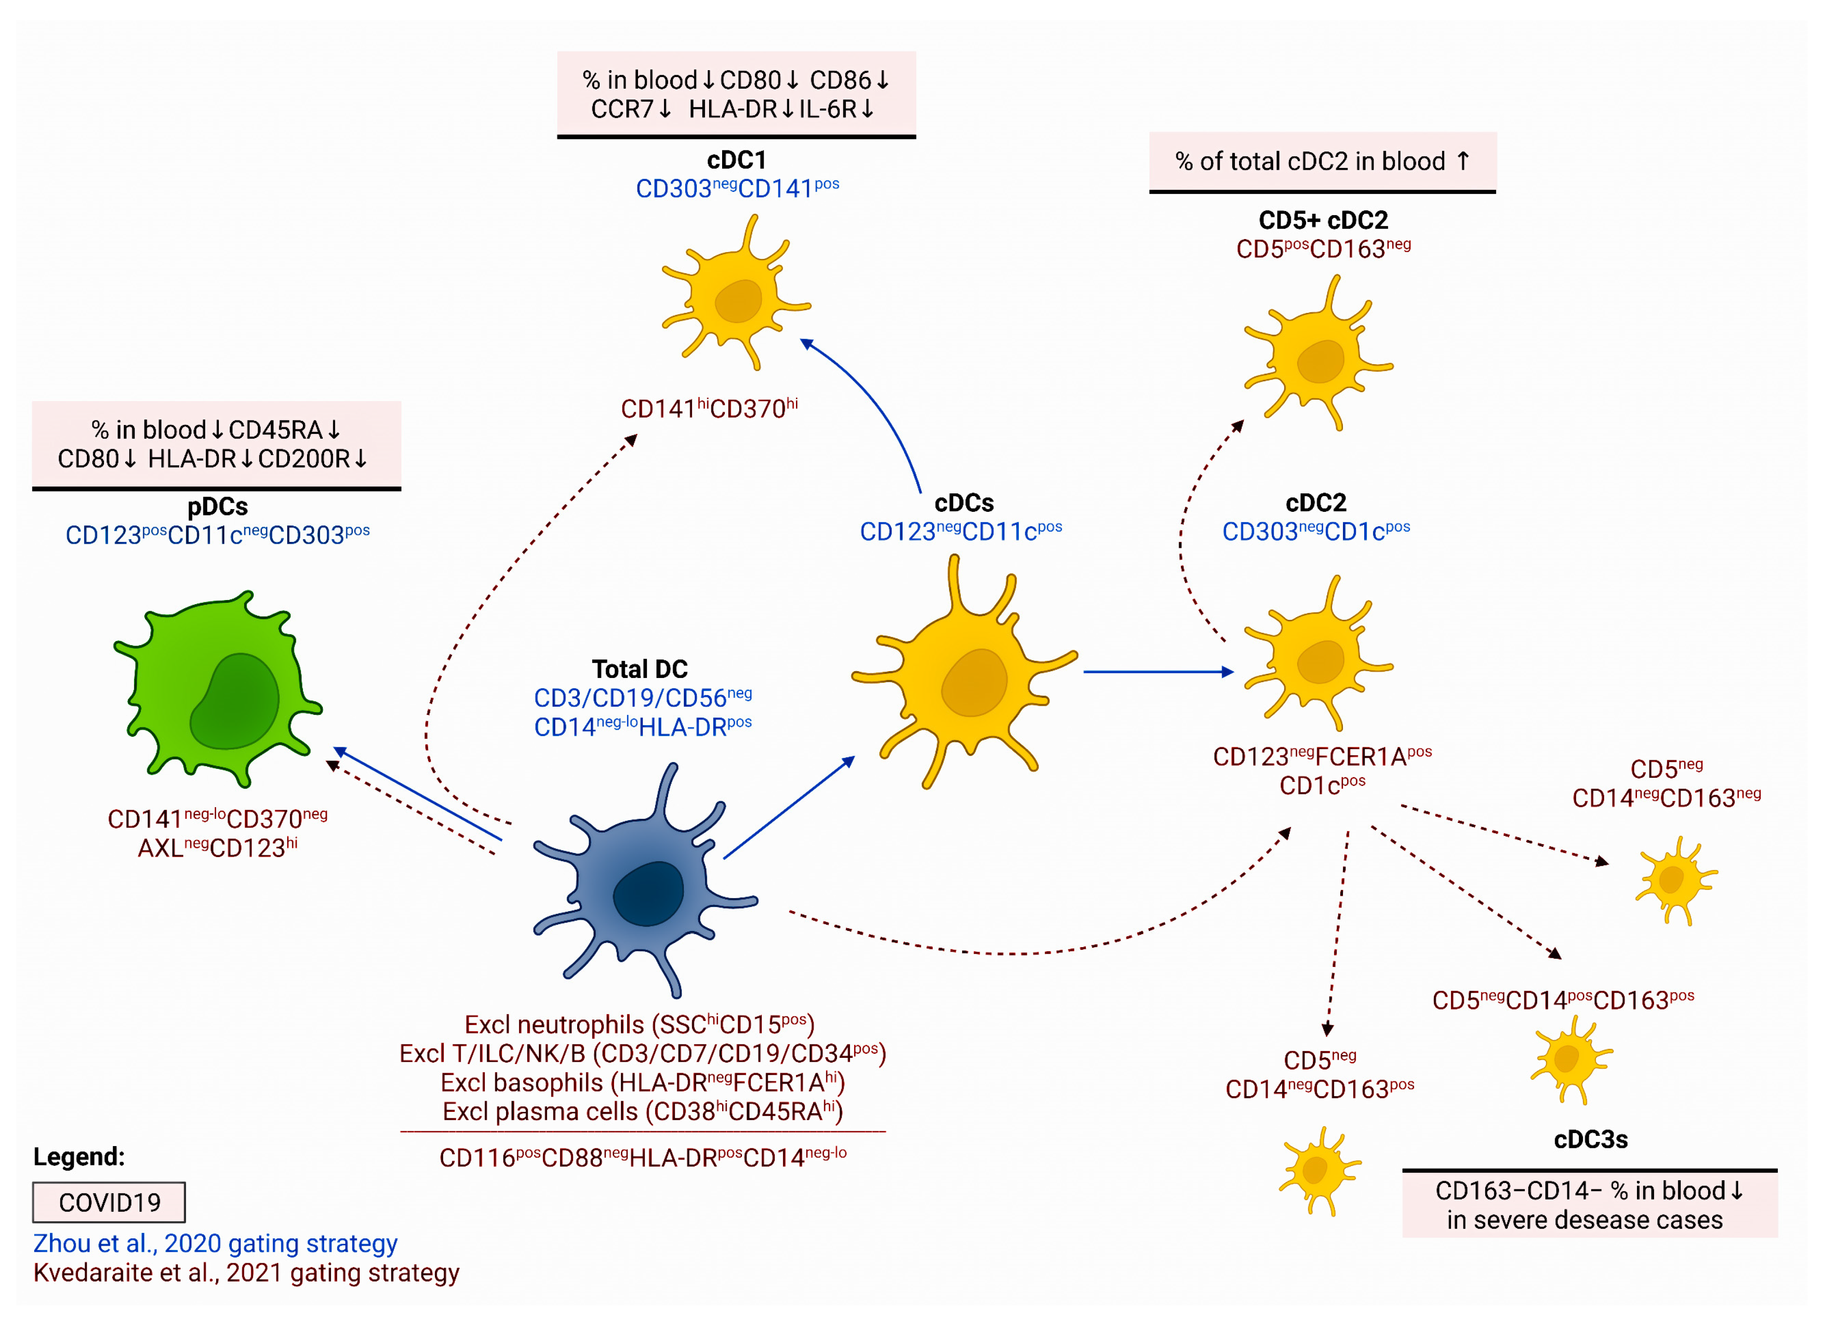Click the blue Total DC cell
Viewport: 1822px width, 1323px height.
click(x=643, y=884)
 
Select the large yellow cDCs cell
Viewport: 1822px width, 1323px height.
click(x=964, y=675)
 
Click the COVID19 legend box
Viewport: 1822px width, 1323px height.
click(x=109, y=1202)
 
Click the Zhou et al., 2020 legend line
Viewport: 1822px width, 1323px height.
click(x=215, y=1243)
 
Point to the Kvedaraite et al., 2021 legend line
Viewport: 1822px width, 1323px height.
click(x=246, y=1273)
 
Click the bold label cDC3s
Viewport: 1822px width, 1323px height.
click(x=1591, y=1140)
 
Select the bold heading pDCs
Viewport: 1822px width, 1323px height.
click(x=218, y=507)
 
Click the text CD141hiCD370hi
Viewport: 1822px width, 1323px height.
click(x=710, y=409)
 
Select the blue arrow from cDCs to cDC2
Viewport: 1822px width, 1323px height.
click(x=1157, y=672)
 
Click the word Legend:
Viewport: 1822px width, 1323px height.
click(x=79, y=1157)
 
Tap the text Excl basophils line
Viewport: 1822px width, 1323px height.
click(x=643, y=1083)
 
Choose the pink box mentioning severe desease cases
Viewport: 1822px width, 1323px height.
click(x=1589, y=1205)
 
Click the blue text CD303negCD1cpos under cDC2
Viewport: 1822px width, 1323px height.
click(x=1316, y=531)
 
